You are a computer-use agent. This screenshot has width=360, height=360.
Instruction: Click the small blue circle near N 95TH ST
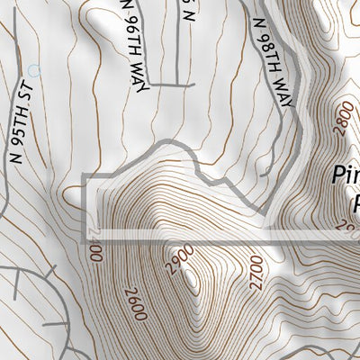pos(35,68)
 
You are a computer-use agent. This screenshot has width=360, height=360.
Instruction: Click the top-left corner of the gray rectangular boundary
pos(84,175)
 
